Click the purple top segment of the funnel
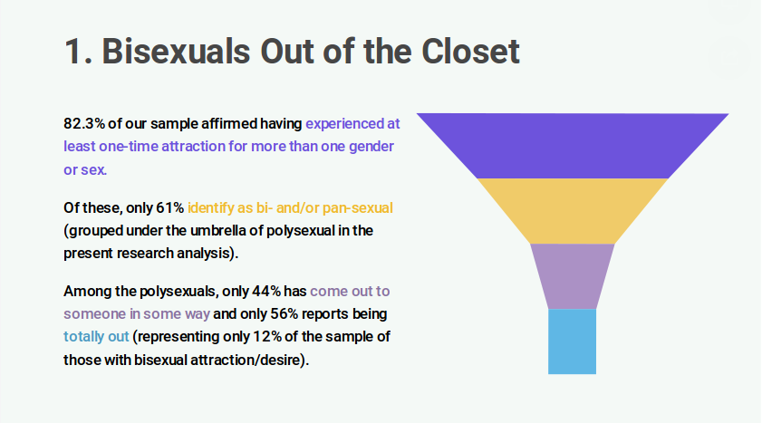[573, 146]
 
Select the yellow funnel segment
[573, 211]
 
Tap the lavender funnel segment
[573, 276]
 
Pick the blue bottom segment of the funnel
[572, 341]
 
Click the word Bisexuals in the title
[176, 51]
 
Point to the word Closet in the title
[470, 51]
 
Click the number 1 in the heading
[72, 52]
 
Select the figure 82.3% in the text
[84, 123]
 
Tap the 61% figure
[169, 207]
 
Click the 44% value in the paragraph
[265, 292]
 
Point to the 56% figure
[284, 313]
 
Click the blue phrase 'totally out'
[96, 337]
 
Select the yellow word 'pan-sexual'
[358, 207]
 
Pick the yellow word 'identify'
[210, 208]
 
